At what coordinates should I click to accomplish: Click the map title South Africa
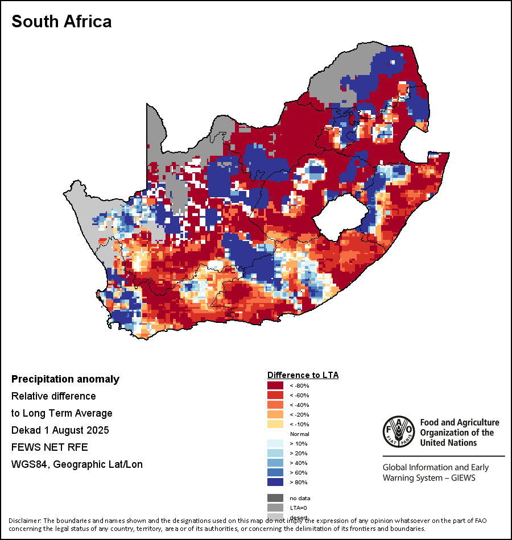pos(61,22)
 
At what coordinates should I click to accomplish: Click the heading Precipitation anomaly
pos(65,379)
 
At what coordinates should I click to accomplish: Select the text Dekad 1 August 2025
pos(60,430)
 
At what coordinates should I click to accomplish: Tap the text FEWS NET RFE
pos(46,447)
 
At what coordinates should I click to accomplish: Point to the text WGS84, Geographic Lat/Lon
pos(77,464)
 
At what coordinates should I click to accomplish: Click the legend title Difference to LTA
pos(303,375)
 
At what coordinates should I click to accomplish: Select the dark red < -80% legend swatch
pos(275,386)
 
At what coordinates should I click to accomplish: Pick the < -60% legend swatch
pos(275,396)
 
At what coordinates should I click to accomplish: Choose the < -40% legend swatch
pos(275,405)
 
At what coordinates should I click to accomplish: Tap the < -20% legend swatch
pos(275,415)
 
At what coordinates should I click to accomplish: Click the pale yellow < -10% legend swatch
pos(275,425)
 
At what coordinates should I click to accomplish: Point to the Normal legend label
pos(299,434)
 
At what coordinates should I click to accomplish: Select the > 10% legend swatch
pos(275,444)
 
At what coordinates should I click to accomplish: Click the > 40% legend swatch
pos(275,463)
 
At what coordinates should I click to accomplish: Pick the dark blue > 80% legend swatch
pos(275,483)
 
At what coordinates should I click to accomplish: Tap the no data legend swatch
pos(275,498)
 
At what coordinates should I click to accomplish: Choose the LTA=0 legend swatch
pos(275,508)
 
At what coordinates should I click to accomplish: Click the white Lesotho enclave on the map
pos(339,215)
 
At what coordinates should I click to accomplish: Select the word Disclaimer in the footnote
pos(24,521)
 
